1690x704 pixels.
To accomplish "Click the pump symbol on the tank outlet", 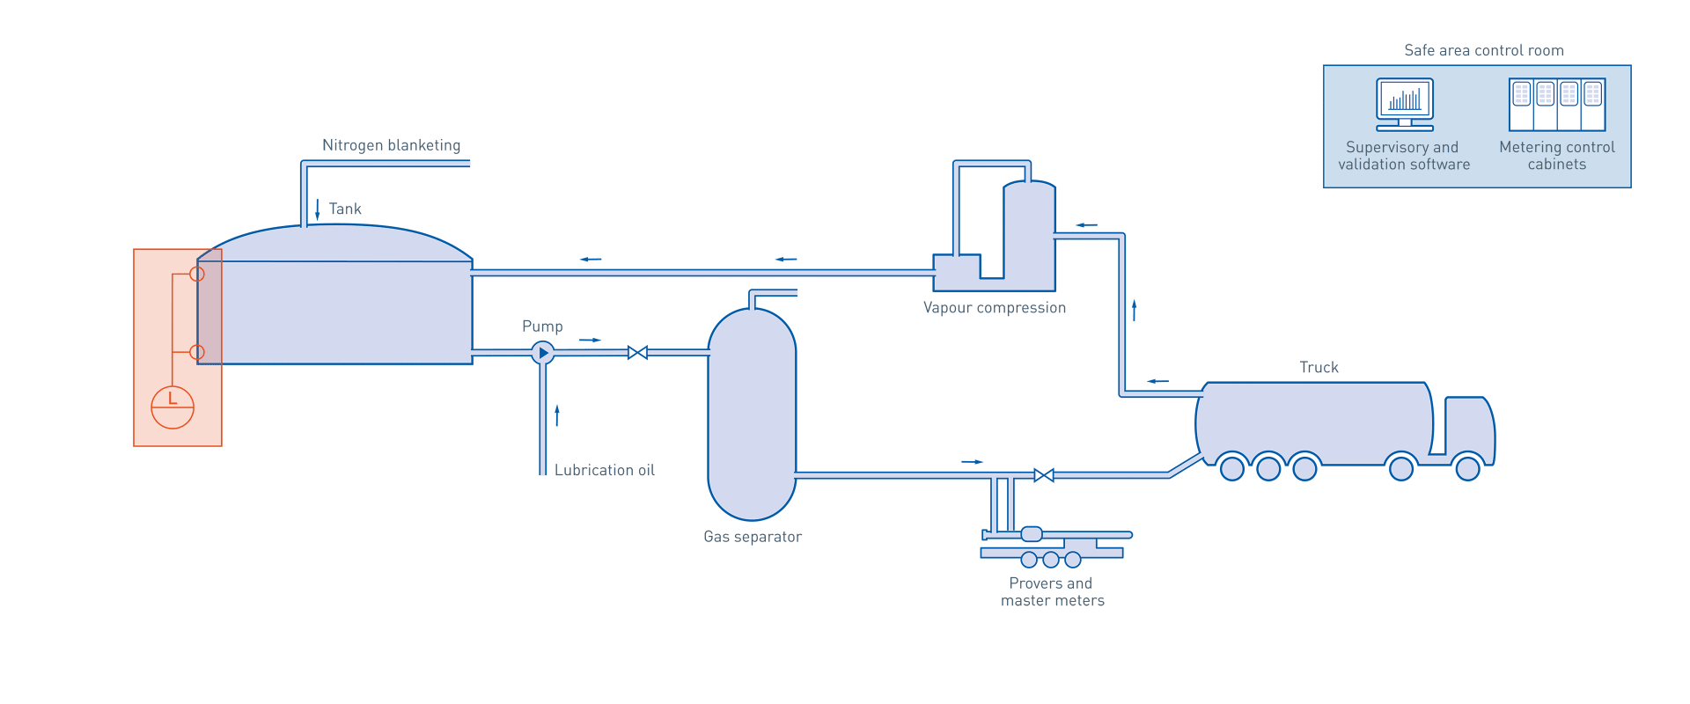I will [543, 353].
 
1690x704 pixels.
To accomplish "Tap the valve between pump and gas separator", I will [637, 353].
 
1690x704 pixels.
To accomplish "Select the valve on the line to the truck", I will [1044, 475].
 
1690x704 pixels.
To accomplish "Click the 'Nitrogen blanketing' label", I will [391, 145].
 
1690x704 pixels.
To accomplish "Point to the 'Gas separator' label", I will [752, 537].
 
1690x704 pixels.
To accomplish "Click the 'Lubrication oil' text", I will [604, 471].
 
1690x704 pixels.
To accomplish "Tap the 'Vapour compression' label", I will [994, 308].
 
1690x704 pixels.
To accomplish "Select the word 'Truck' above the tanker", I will [1319, 367].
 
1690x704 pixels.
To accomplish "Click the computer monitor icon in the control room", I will [1404, 103].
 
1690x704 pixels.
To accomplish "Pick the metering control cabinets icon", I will [1556, 105].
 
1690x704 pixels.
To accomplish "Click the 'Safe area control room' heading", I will [1484, 51].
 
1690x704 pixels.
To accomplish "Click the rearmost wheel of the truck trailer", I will [1232, 468].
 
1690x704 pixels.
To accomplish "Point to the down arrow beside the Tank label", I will [318, 209].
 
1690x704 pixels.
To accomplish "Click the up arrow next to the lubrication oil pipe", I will [557, 414].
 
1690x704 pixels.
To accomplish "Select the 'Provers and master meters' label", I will [1051, 592].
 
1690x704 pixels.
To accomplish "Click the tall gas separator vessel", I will [752, 414].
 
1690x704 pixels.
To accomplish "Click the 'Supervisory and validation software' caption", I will [1403, 156].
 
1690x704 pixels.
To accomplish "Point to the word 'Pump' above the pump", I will [542, 326].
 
